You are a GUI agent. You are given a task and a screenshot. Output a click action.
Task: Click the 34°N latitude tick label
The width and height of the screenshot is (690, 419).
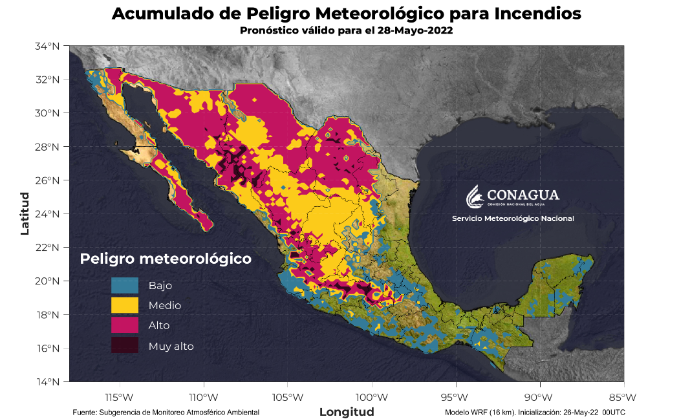pyautogui.click(x=49, y=46)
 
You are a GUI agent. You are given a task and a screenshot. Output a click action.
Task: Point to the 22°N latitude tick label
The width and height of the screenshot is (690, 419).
pyautogui.click(x=49, y=248)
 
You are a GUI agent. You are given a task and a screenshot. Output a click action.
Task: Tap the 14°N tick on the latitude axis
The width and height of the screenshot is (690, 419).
pyautogui.click(x=49, y=381)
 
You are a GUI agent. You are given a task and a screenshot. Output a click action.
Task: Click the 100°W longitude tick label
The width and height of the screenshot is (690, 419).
pyautogui.click(x=371, y=396)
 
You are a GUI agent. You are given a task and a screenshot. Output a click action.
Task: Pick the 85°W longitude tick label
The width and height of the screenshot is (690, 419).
pyautogui.click(x=622, y=396)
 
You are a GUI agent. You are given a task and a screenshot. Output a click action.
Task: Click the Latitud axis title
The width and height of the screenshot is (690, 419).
pyautogui.click(x=25, y=213)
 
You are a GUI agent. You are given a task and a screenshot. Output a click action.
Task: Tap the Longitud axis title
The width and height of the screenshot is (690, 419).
pyautogui.click(x=347, y=412)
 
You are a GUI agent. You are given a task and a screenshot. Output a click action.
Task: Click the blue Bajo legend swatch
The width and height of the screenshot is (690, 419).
pyautogui.click(x=125, y=285)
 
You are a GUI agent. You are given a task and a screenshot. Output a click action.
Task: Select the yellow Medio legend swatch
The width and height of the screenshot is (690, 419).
pyautogui.click(x=125, y=305)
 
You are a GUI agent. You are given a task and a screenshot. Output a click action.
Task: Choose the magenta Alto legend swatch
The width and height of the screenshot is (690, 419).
pyautogui.click(x=125, y=325)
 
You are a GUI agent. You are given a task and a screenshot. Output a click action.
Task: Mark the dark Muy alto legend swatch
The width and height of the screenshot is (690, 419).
pyautogui.click(x=125, y=346)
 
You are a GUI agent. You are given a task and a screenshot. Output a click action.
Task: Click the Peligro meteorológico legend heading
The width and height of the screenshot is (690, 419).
pyautogui.click(x=165, y=259)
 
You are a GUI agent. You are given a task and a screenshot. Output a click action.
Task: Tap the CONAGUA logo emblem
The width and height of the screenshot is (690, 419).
pyautogui.click(x=475, y=196)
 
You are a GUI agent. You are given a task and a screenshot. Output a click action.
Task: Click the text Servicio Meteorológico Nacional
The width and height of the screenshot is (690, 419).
pyautogui.click(x=513, y=219)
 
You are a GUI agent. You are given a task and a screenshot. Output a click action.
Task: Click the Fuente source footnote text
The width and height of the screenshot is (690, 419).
pyautogui.click(x=166, y=412)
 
